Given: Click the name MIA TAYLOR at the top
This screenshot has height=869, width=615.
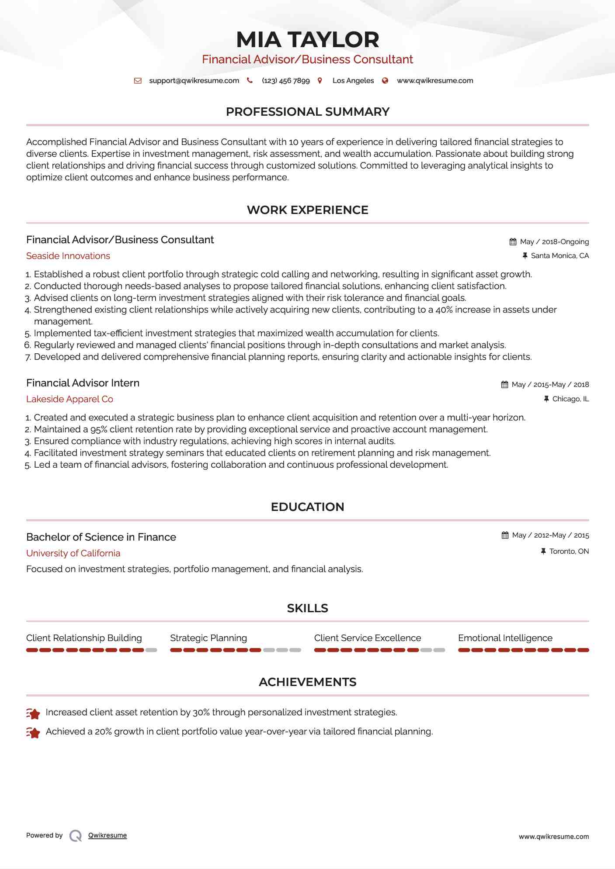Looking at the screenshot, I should (307, 39).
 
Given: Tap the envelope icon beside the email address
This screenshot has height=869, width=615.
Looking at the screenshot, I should (138, 81).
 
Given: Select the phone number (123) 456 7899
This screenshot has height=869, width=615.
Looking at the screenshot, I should (285, 81).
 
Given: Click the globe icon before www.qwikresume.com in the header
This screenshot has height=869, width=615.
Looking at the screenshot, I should (385, 81).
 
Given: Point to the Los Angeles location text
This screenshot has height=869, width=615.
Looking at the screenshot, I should (353, 81).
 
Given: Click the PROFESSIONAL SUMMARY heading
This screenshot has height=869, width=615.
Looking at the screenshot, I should (307, 112).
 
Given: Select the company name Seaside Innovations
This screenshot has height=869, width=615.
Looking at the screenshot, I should (68, 256).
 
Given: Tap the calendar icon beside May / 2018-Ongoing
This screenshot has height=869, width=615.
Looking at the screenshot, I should (513, 242).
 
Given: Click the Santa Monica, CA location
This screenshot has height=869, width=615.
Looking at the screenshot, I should (559, 256).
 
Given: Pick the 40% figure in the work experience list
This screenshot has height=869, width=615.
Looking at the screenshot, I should (444, 310).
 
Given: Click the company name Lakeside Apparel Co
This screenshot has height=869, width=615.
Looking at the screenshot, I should (69, 399).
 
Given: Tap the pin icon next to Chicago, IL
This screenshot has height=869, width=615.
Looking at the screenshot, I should (546, 399).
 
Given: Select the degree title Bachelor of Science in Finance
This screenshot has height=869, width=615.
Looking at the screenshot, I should (101, 537).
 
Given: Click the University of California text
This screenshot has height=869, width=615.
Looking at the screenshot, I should (73, 553).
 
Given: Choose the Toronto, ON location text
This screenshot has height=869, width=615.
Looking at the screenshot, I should (569, 552).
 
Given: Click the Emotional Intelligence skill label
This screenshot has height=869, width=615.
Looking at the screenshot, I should (505, 638).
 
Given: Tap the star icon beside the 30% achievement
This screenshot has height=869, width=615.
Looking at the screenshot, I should (33, 714).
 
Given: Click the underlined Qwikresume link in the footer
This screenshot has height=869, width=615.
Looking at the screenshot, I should (108, 835).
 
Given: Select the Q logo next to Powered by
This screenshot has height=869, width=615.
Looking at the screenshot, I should (76, 836).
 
